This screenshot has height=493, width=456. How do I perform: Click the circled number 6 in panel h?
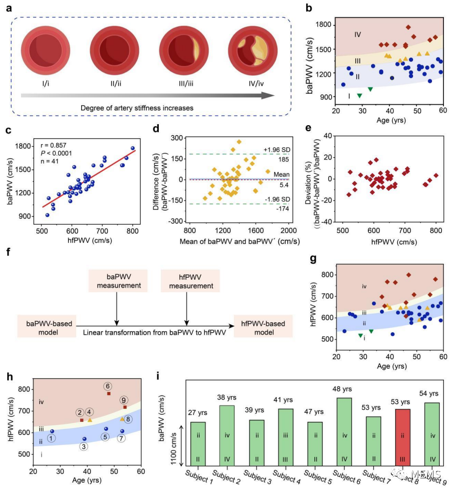pyautogui.click(x=107, y=386)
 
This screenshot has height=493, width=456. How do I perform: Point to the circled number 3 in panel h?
pyautogui.click(x=84, y=447)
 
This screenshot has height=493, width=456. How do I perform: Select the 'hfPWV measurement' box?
pyautogui.click(x=187, y=281)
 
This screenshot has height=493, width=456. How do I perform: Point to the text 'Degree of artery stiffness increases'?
pyautogui.click(x=137, y=108)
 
